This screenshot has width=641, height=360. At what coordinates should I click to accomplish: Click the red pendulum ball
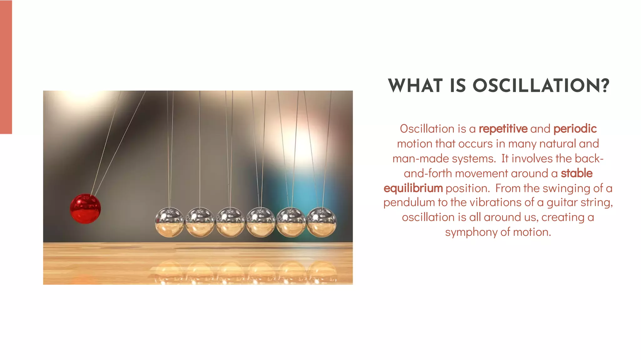click(85, 209)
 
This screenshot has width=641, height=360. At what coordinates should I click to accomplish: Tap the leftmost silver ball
click(169, 222)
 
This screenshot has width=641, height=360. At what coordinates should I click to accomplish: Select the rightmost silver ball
click(321, 222)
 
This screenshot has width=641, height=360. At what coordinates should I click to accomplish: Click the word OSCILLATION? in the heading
click(541, 86)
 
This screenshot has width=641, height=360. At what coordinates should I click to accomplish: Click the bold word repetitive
click(503, 129)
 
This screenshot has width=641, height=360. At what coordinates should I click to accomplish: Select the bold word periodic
click(575, 129)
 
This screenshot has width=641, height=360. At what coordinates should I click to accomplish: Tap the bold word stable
click(577, 173)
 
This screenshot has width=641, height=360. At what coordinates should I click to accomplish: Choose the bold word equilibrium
click(413, 188)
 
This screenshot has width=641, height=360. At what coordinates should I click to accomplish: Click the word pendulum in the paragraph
click(409, 203)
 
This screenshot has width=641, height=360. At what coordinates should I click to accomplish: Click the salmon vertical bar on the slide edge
click(6, 67)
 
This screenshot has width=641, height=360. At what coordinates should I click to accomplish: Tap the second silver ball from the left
click(200, 222)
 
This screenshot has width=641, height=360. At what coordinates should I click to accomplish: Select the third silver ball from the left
click(230, 222)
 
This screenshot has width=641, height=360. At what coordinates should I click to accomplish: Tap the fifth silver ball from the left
click(291, 222)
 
